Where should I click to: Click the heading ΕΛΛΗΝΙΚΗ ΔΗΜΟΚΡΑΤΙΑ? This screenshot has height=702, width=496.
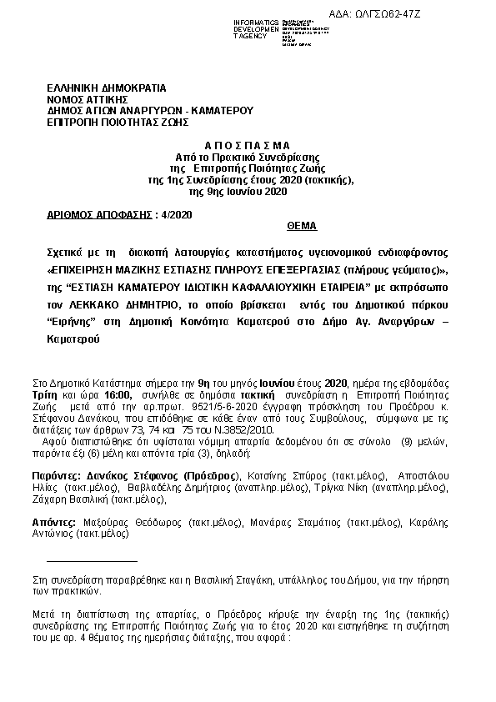point(107,88)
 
